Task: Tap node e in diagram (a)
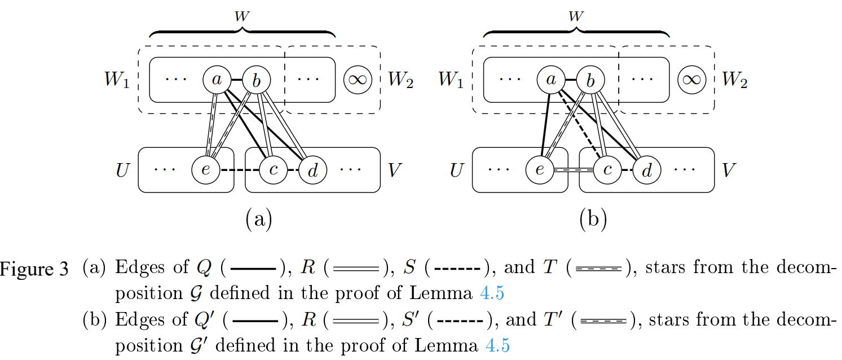coord(206,169)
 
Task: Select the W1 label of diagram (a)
coord(117,81)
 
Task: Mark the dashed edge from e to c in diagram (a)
coord(240,170)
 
